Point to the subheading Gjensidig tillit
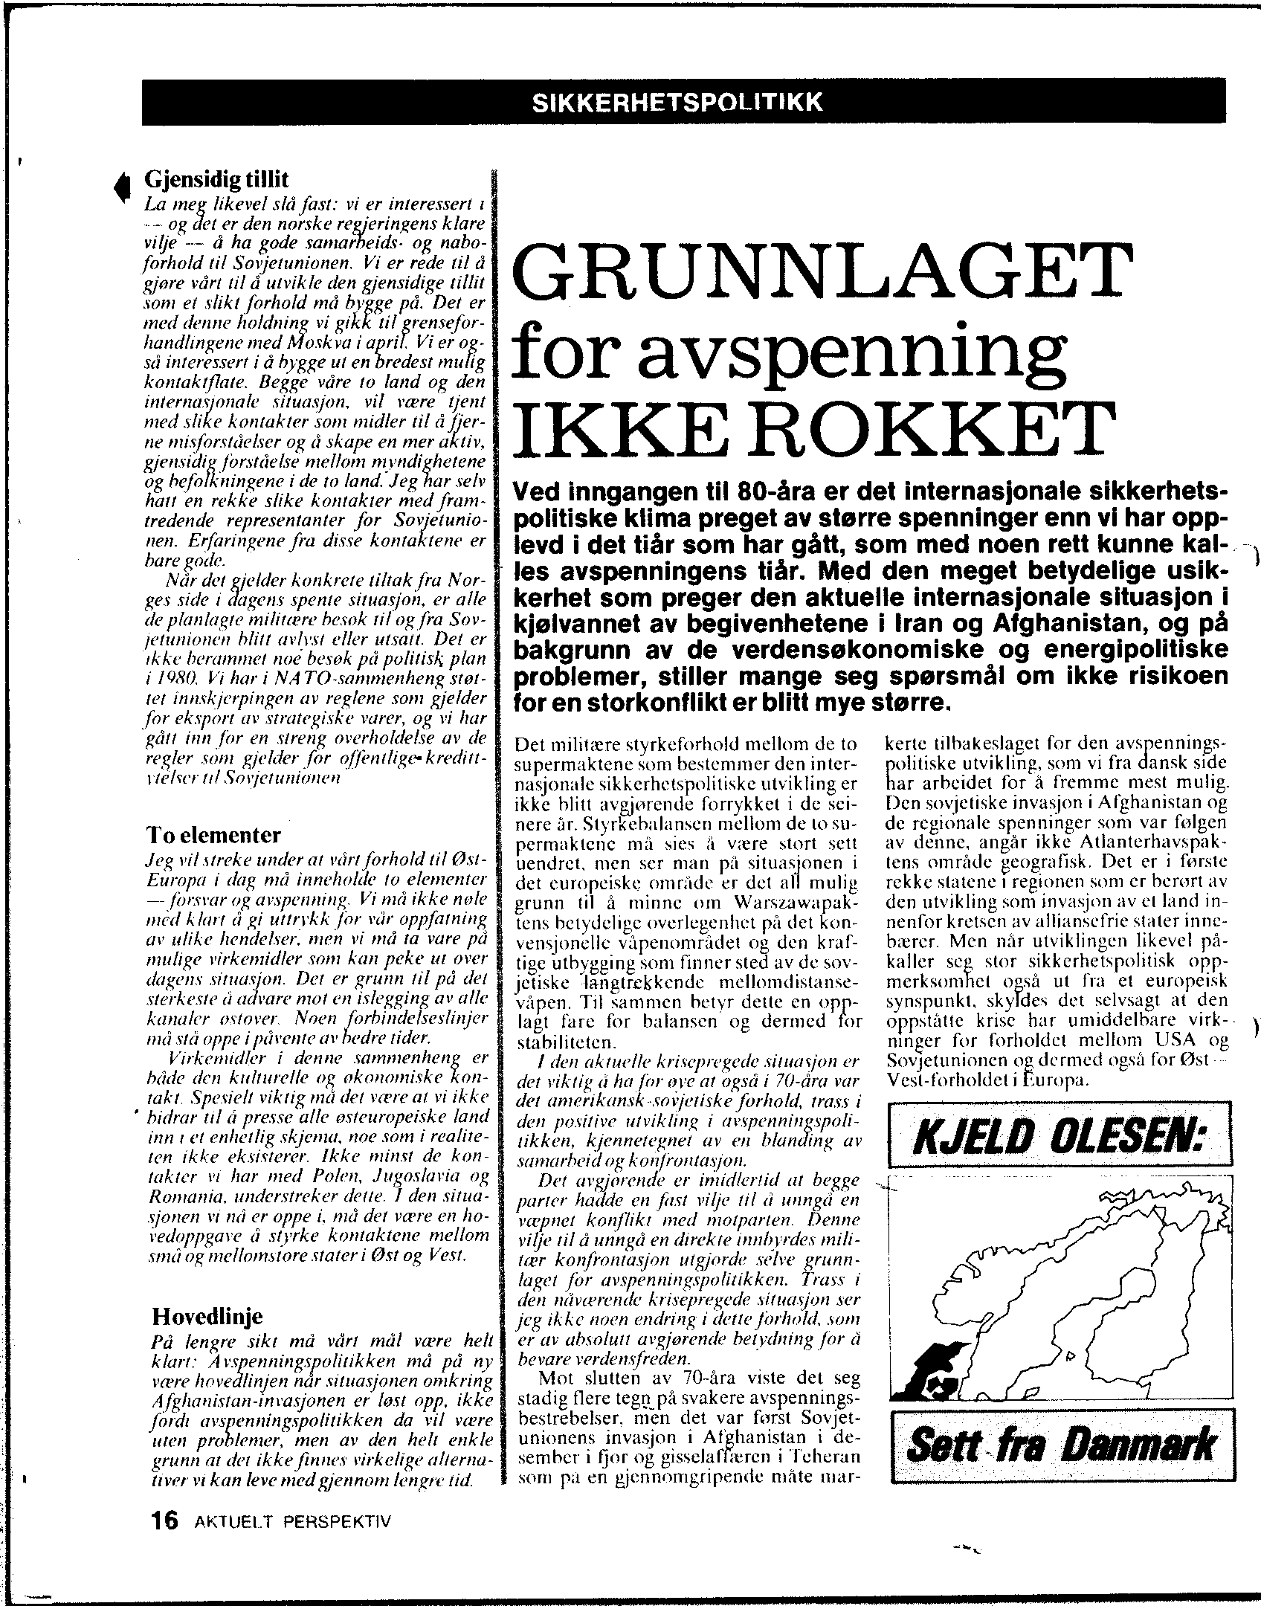(216, 179)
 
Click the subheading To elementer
(214, 835)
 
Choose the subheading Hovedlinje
(207, 1317)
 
